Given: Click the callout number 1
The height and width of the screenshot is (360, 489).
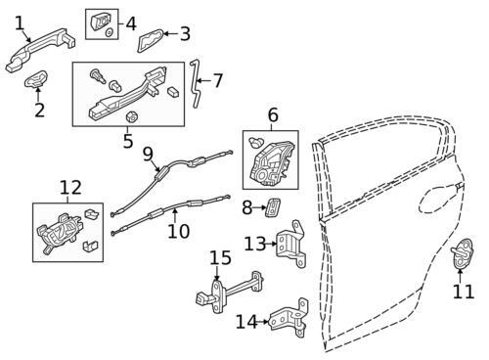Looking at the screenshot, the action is click(x=20, y=23).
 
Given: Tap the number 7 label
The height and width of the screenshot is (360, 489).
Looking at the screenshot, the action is click(x=218, y=80).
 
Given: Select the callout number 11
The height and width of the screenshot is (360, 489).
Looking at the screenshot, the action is click(x=464, y=292).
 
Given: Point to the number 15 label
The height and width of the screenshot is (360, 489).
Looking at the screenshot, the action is click(x=220, y=257).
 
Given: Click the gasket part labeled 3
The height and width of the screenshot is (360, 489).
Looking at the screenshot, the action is click(x=150, y=40).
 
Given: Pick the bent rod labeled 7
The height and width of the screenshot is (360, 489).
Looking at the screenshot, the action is click(x=197, y=84).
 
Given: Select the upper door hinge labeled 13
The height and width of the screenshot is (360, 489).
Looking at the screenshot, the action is click(x=291, y=245).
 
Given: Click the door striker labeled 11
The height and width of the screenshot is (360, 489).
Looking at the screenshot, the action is click(x=462, y=253).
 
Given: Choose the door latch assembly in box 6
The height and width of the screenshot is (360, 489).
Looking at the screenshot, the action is click(x=272, y=162).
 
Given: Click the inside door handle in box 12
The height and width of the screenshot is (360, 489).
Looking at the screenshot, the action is click(x=59, y=232).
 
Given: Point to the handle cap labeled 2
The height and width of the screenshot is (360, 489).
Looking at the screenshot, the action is click(x=36, y=79).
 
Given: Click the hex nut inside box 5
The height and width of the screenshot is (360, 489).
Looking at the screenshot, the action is click(x=131, y=116).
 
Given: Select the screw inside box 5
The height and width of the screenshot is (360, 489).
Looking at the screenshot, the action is click(x=98, y=76).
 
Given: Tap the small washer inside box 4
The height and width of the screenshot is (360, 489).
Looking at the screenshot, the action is click(x=110, y=32).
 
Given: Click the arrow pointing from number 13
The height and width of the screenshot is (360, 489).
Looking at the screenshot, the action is click(x=271, y=244).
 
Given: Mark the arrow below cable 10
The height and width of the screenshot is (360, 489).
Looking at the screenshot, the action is click(x=175, y=215).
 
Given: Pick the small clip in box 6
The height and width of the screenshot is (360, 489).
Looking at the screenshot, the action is click(x=256, y=142).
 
